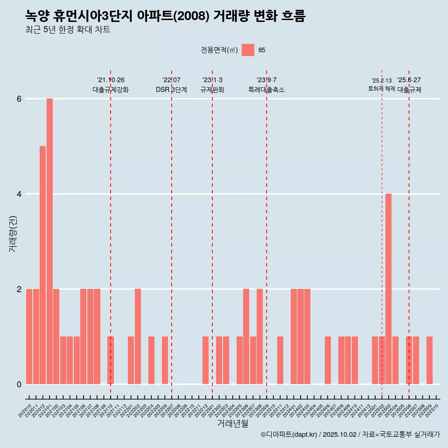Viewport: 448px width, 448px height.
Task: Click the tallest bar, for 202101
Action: [x=49, y=241]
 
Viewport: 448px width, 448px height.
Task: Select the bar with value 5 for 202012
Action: [x=42, y=265]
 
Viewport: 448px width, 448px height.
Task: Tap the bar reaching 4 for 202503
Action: [x=388, y=289]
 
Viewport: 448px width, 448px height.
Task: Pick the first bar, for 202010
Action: [x=29, y=336]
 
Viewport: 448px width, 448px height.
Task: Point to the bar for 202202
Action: [x=138, y=336]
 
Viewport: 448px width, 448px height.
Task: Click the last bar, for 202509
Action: [x=429, y=360]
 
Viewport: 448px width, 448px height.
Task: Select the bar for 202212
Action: [x=205, y=360]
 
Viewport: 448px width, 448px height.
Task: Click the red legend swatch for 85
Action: [x=248, y=50]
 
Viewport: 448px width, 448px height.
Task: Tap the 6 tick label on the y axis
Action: [x=19, y=99]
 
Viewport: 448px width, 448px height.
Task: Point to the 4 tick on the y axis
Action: [x=19, y=194]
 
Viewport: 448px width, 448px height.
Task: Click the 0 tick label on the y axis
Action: [x=19, y=384]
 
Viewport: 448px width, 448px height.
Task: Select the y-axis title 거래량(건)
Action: [x=13, y=234]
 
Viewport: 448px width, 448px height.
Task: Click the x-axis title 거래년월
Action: [x=232, y=423]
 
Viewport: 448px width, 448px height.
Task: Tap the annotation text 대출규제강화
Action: [x=111, y=90]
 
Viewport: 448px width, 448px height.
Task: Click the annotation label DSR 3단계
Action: [x=171, y=90]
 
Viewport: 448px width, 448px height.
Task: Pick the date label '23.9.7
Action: [x=266, y=80]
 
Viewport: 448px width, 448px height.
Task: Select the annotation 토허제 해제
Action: [x=381, y=89]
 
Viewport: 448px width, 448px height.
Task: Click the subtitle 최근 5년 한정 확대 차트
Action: [x=68, y=30]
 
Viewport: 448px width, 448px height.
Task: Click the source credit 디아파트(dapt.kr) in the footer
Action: [x=289, y=434]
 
